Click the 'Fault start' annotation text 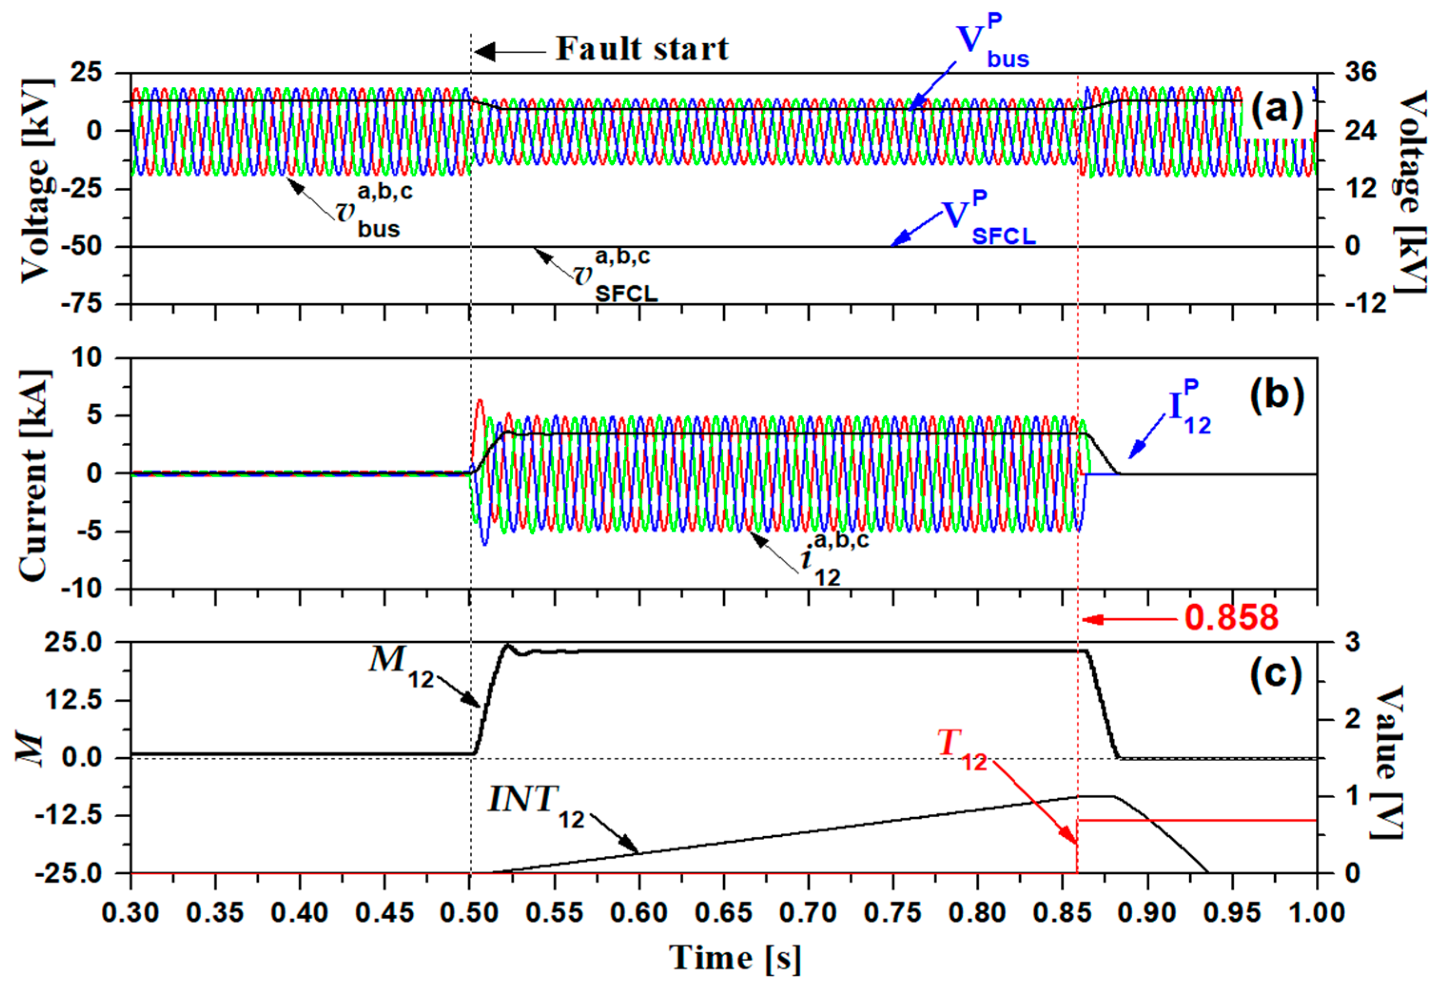pyautogui.click(x=642, y=49)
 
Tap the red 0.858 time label pyautogui.click(x=1231, y=618)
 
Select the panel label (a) pyautogui.click(x=1277, y=109)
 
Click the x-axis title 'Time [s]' pyautogui.click(x=735, y=957)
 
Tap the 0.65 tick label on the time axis pyautogui.click(x=723, y=912)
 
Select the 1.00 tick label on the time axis pyautogui.click(x=1316, y=912)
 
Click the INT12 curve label pyautogui.click(x=536, y=805)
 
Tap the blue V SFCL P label pyautogui.click(x=987, y=221)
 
